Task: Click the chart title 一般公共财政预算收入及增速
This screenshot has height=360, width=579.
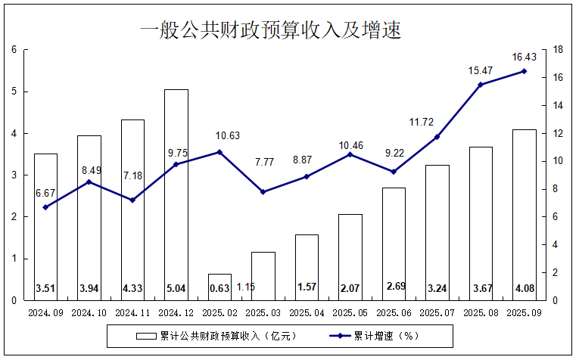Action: [270, 29]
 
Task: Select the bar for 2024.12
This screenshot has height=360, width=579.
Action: [176, 194]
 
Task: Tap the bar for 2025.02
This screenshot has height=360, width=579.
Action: [219, 287]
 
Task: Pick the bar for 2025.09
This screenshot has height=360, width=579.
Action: [524, 215]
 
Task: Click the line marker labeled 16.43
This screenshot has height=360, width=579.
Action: [524, 71]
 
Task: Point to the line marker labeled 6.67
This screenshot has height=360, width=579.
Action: [45, 207]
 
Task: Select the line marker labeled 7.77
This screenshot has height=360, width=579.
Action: [263, 192]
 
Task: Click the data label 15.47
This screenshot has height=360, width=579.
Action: [480, 70]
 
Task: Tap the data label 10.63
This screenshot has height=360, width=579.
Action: [219, 136]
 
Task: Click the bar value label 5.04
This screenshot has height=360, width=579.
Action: [176, 287]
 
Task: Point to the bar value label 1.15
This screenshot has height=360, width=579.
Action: [246, 287]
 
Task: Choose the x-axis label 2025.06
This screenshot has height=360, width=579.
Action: [394, 312]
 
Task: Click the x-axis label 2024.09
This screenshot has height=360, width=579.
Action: [45, 312]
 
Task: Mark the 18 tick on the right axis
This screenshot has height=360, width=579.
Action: [557, 50]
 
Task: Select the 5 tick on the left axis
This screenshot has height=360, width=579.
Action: [14, 92]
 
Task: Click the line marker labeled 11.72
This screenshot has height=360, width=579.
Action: [437, 137]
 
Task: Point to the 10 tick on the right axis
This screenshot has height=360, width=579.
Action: [557, 161]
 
